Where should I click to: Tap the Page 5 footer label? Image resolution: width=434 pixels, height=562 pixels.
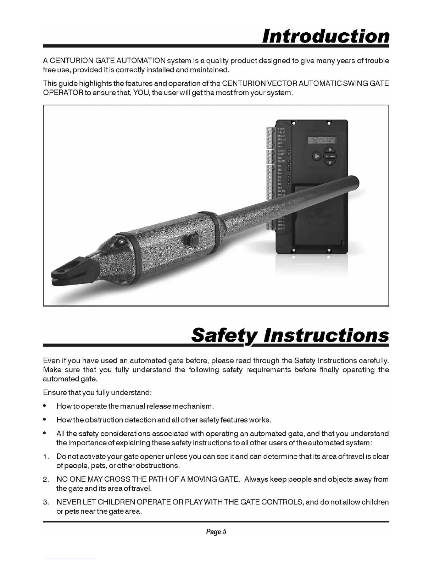click(216, 531)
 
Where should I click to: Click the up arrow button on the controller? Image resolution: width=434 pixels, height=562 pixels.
click(330, 149)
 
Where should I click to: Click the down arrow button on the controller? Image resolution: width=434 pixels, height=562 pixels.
click(330, 163)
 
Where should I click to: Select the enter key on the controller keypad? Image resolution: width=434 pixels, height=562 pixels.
click(330, 156)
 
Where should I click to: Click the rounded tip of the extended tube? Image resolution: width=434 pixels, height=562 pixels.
click(356, 184)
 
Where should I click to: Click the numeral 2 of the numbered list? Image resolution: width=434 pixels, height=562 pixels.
click(45, 480)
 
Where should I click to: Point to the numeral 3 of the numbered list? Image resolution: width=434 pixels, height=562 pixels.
click(45, 502)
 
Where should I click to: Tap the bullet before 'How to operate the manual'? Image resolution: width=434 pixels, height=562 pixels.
click(45, 406)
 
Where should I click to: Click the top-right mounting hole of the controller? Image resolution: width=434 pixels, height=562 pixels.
click(329, 123)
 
